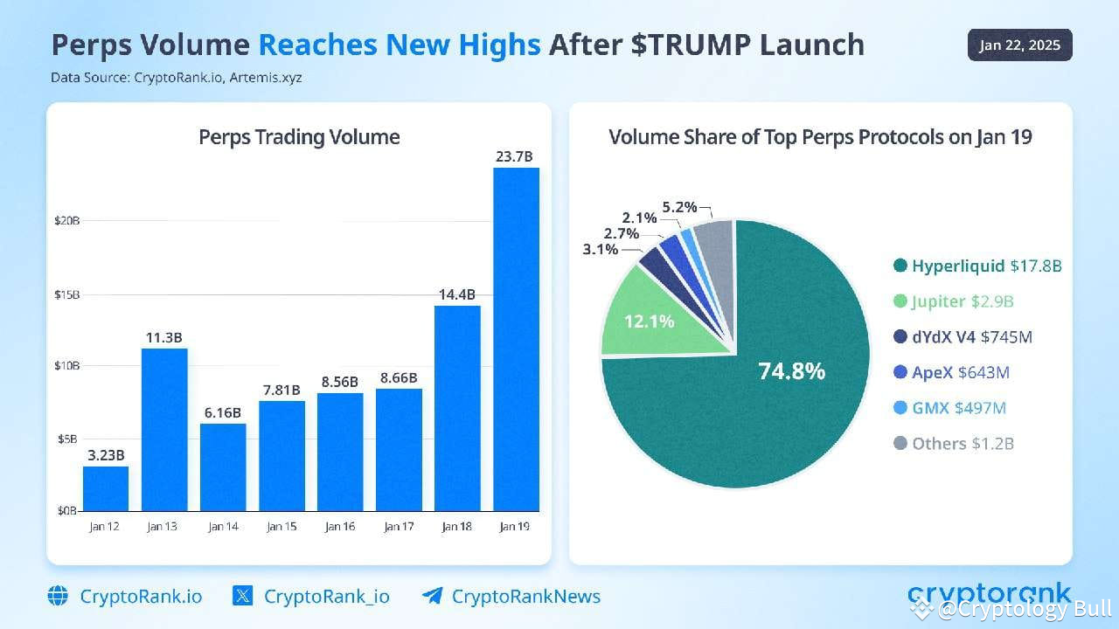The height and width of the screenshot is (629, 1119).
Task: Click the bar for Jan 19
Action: coord(516,341)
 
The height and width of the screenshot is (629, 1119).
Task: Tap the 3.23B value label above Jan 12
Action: coord(106,454)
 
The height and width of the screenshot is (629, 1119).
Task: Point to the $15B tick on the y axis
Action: coord(66,294)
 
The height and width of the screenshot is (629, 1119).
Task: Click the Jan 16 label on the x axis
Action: coord(339,526)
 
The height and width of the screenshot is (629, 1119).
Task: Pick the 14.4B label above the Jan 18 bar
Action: coord(457,294)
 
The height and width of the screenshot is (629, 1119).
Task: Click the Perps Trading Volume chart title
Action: coord(299,137)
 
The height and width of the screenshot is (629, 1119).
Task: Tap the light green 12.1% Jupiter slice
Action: coord(651,314)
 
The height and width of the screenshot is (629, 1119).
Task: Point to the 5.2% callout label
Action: coord(679,207)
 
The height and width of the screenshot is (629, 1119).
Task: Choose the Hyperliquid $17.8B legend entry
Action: coord(977,266)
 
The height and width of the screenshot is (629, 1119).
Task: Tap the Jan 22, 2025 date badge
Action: coord(1019,45)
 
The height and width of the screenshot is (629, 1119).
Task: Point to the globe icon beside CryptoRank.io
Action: coord(58,597)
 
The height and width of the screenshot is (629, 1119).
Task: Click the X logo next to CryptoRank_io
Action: coord(243,597)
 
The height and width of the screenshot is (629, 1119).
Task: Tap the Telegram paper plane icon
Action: coord(432,597)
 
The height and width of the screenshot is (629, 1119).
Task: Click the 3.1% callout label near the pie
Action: coord(601,249)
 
